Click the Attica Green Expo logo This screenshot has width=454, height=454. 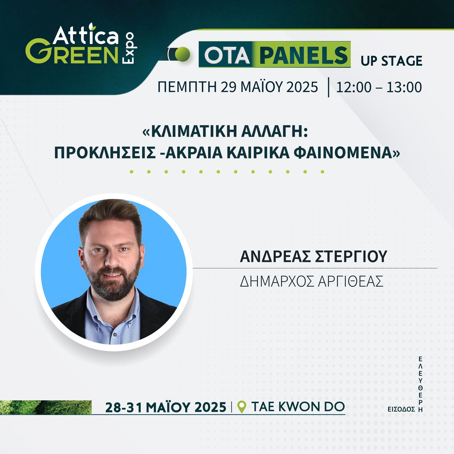[81, 45]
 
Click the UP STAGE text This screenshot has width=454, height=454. [391, 61]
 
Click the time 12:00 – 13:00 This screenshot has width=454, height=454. [379, 87]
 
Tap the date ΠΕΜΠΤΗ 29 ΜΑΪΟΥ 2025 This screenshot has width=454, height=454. [237, 87]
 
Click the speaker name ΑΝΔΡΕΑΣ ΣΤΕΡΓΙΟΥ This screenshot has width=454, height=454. [313, 256]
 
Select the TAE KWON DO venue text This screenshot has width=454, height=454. [298, 407]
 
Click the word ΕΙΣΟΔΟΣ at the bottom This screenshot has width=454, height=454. [401, 409]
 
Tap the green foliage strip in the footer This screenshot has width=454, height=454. [45, 407]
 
